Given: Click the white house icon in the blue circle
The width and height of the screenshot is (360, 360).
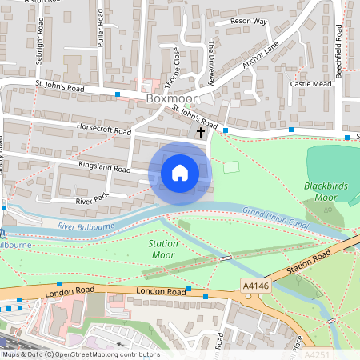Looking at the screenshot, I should point(180,173).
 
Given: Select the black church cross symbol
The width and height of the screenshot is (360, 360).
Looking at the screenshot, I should point(200,132).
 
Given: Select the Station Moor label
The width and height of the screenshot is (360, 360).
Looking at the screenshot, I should point(163,248).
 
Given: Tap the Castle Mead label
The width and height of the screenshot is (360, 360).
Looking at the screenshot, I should point(310,83).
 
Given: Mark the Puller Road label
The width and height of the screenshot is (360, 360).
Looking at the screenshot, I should point(102,31).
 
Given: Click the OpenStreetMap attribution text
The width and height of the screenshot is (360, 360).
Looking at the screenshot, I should point(80,354).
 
